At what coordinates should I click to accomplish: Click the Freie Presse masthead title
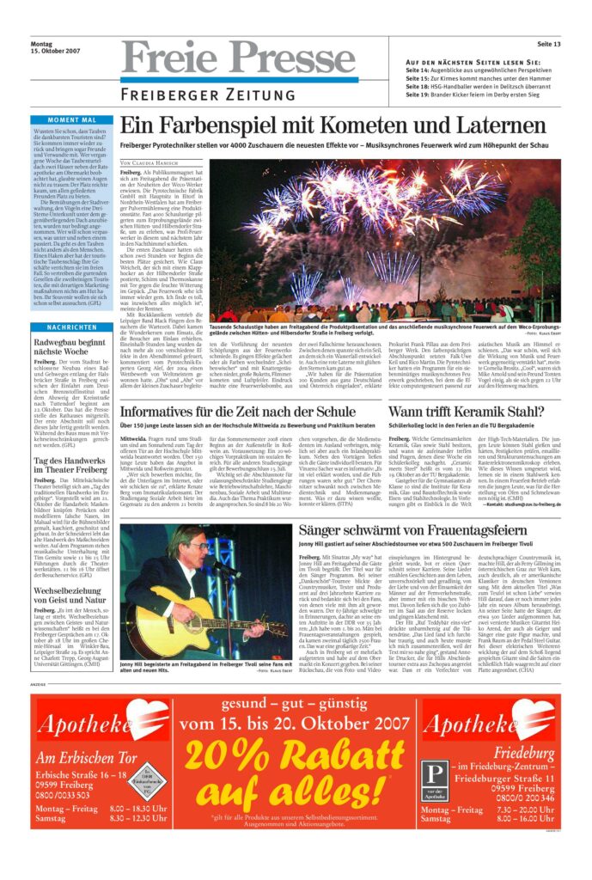[x=238, y=58]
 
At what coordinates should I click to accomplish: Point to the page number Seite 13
[x=549, y=44]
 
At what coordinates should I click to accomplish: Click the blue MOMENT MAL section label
[x=72, y=119]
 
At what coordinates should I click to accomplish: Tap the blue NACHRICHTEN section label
[x=72, y=327]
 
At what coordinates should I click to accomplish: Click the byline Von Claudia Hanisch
[x=150, y=162]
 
